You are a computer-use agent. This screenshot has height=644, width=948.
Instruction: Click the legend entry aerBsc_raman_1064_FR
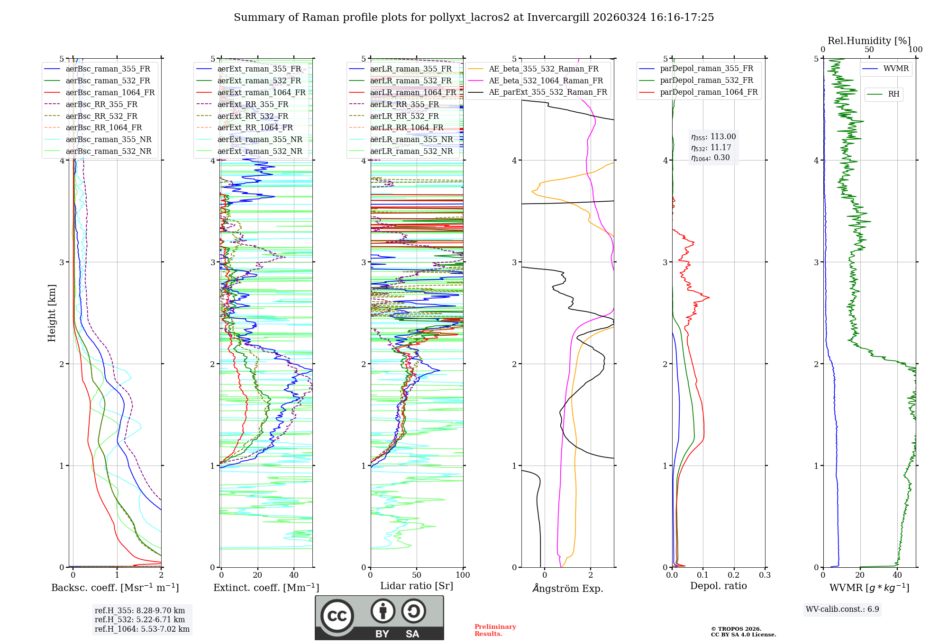(x=110, y=92)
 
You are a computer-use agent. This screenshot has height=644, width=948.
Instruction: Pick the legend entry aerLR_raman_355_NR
(x=411, y=139)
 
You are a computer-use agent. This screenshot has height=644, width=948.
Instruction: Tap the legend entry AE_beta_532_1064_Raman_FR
(x=546, y=80)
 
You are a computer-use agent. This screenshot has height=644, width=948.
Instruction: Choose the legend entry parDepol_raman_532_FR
(x=706, y=80)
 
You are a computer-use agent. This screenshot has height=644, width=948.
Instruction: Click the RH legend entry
(x=893, y=94)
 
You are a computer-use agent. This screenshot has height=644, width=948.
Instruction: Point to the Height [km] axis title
(x=52, y=313)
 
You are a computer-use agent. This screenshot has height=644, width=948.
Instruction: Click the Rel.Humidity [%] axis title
(x=869, y=41)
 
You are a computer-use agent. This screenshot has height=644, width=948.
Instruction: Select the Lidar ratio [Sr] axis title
(x=417, y=586)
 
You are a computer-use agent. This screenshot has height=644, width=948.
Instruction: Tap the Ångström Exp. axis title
(x=568, y=589)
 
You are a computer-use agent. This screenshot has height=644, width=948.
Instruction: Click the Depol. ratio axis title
(x=718, y=586)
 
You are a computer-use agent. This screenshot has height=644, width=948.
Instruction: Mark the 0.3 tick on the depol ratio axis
(x=765, y=575)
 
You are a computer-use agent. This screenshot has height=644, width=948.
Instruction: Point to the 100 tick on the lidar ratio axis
(x=463, y=575)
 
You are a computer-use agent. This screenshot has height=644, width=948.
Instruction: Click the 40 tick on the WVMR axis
(x=897, y=575)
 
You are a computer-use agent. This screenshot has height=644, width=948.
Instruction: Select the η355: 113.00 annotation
(x=713, y=137)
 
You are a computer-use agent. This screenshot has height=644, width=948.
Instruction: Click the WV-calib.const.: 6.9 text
(x=842, y=609)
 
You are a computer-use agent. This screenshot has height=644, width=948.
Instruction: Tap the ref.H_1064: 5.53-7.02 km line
(x=142, y=629)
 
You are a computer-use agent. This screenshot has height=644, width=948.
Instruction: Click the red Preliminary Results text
(x=495, y=630)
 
